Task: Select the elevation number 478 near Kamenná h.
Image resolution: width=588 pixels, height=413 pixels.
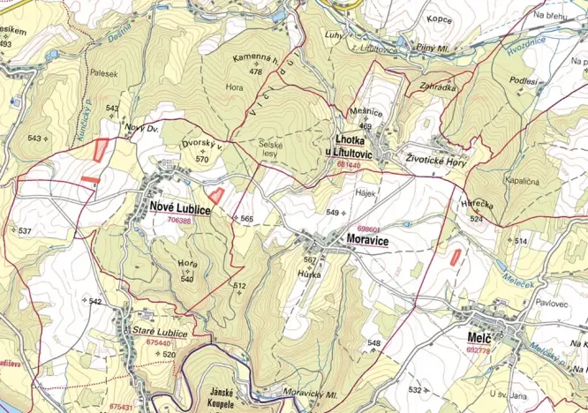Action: coord(256,71)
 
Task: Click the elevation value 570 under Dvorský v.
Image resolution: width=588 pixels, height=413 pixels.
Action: coord(202,160)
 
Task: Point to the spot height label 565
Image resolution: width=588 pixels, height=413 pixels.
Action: coord(246,218)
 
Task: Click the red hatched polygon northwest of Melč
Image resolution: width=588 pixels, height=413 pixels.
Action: coord(456,257)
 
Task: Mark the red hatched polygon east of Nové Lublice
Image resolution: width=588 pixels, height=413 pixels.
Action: coord(215,196)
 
